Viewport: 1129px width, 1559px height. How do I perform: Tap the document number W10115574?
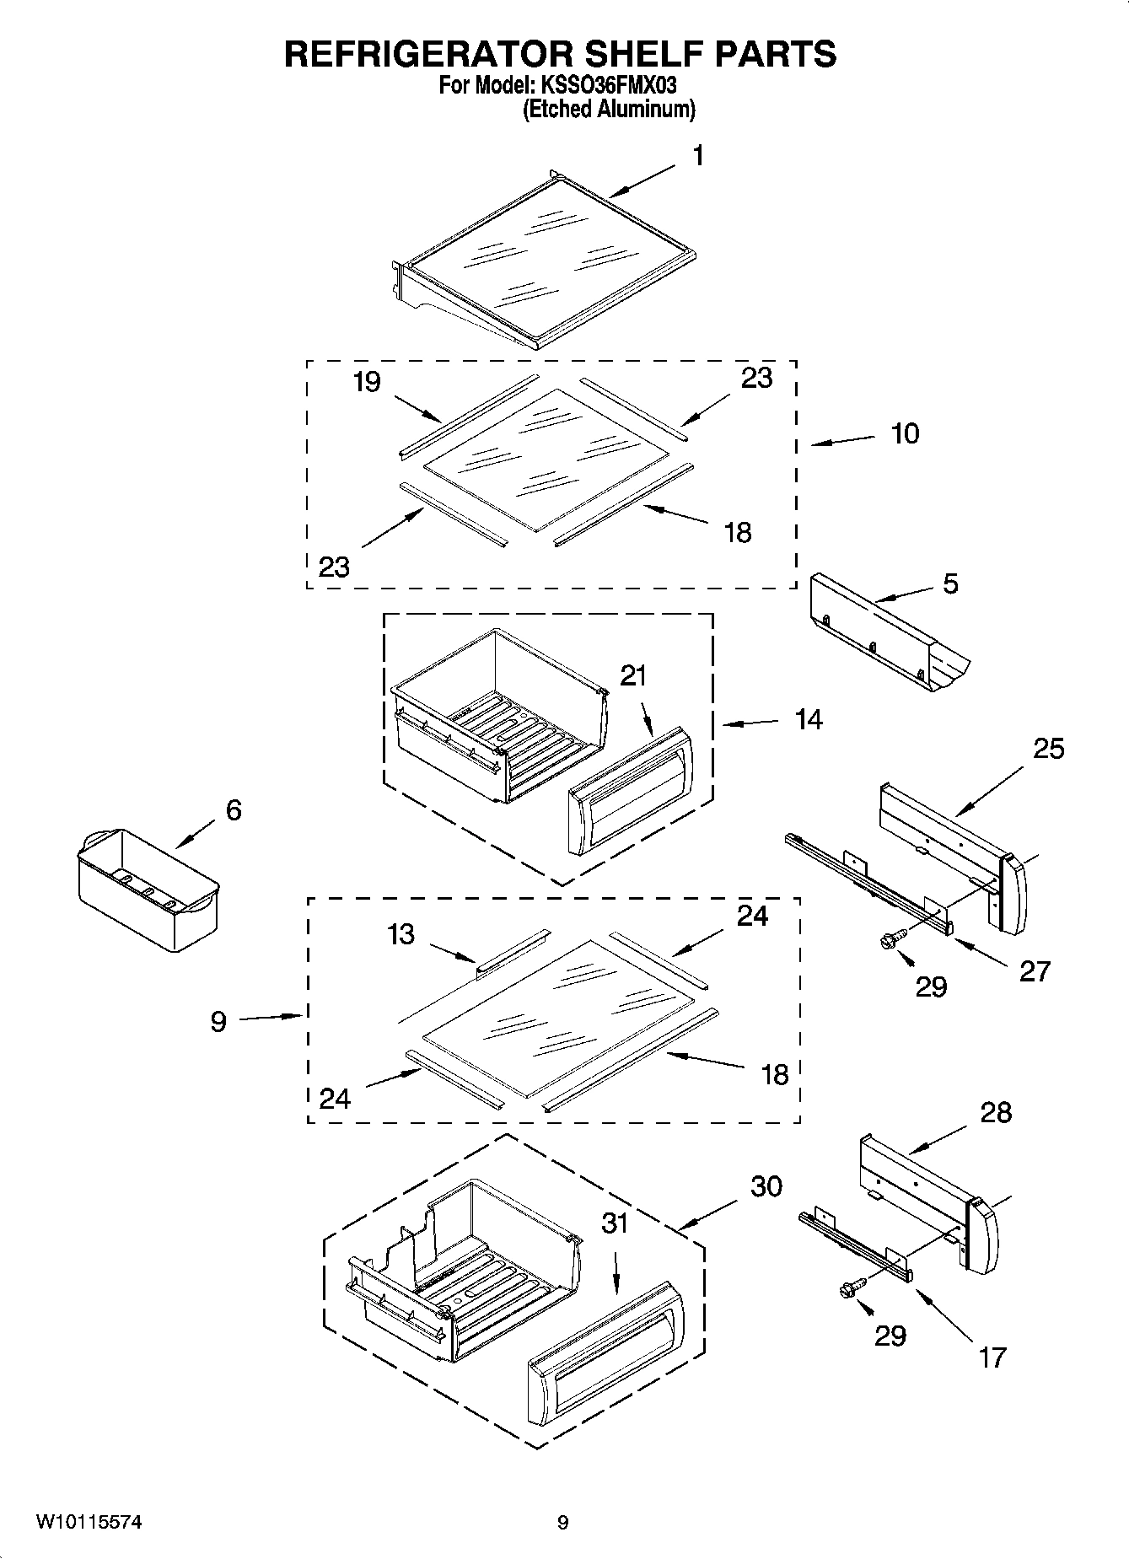[x=88, y=1523]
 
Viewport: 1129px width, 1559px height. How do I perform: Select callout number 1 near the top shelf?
[x=698, y=156]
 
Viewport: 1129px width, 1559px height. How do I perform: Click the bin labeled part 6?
[x=147, y=889]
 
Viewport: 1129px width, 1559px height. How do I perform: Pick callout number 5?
[x=950, y=583]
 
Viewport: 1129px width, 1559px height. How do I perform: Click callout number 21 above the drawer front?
[x=633, y=675]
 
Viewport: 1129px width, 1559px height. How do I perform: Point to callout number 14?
[x=808, y=719]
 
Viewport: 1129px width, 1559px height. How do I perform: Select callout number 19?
[x=367, y=382]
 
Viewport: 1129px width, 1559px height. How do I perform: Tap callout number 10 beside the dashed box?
[x=905, y=433]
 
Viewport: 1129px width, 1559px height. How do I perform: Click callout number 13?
[x=401, y=934]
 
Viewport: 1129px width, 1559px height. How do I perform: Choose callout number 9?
[x=218, y=1023]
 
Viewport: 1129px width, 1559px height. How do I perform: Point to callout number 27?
[x=1035, y=970]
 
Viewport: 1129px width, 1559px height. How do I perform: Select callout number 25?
[x=1049, y=748]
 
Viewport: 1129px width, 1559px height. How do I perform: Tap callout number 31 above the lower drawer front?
[x=615, y=1222]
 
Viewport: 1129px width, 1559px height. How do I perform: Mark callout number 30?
[x=766, y=1185]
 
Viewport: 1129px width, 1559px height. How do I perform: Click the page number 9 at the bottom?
[x=562, y=1523]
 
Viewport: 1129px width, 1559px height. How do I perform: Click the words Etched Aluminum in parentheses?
[x=609, y=109]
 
